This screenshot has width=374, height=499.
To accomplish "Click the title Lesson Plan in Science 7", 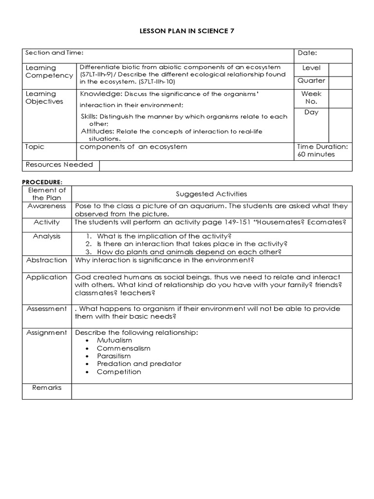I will (187, 31).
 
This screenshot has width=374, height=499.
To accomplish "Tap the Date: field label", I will (307, 53).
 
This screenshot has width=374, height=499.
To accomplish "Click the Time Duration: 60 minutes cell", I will (322, 151).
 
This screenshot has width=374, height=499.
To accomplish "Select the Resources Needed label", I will (59, 165).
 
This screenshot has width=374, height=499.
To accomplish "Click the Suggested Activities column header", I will (211, 194).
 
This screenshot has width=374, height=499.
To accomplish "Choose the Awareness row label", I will (47, 206).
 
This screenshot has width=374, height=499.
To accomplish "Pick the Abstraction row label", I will (47, 260).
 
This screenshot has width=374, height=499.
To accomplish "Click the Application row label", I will (47, 277).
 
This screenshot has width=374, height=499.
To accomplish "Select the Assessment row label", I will (47, 309).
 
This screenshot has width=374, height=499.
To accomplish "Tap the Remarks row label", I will (47, 388).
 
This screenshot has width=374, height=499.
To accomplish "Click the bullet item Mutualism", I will (114, 341).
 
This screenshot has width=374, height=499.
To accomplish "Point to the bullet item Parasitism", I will (114, 356).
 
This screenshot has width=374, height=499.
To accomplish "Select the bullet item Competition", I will (119, 372).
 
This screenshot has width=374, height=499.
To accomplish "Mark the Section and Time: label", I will (55, 53).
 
